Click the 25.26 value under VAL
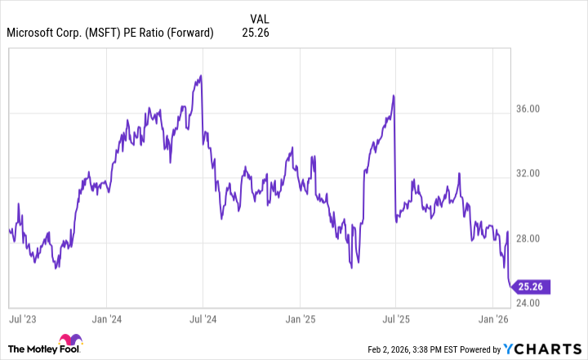click(x=256, y=33)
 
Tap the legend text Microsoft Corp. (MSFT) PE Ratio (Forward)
click(x=109, y=33)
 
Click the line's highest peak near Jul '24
click(x=201, y=76)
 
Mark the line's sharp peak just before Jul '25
click(x=394, y=96)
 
